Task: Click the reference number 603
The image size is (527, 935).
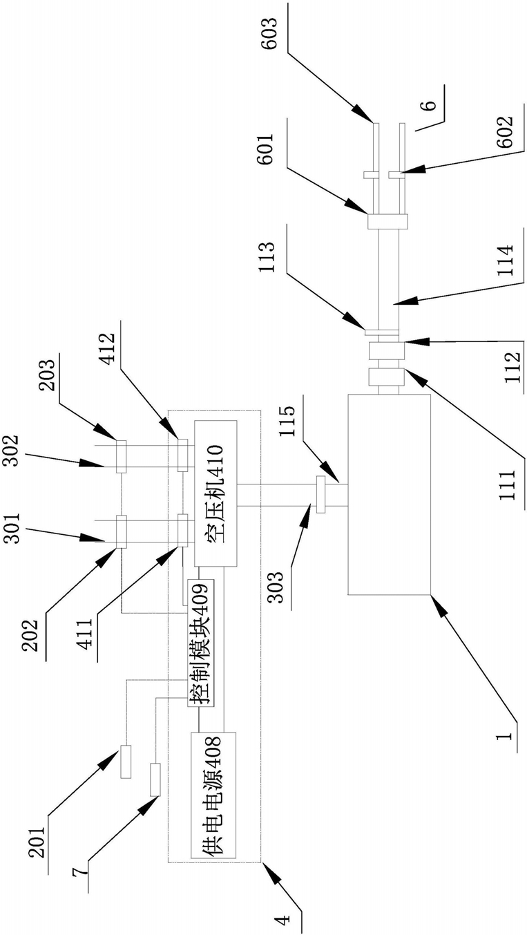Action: [x=269, y=33]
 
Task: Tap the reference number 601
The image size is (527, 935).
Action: [x=265, y=149]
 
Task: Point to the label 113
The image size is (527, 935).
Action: [x=267, y=258]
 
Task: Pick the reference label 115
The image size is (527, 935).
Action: [x=287, y=422]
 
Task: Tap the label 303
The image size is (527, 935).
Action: [x=275, y=587]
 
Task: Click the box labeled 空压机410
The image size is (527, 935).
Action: [x=215, y=493]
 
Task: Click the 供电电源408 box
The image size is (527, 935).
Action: [x=213, y=795]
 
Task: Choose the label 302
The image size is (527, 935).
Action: [x=10, y=451]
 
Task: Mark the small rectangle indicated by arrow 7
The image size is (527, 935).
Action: [x=155, y=780]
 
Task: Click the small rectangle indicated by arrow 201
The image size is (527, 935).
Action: [x=126, y=762]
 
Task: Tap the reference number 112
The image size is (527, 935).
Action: [x=512, y=368]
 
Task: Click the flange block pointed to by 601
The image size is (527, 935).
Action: [x=387, y=221]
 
